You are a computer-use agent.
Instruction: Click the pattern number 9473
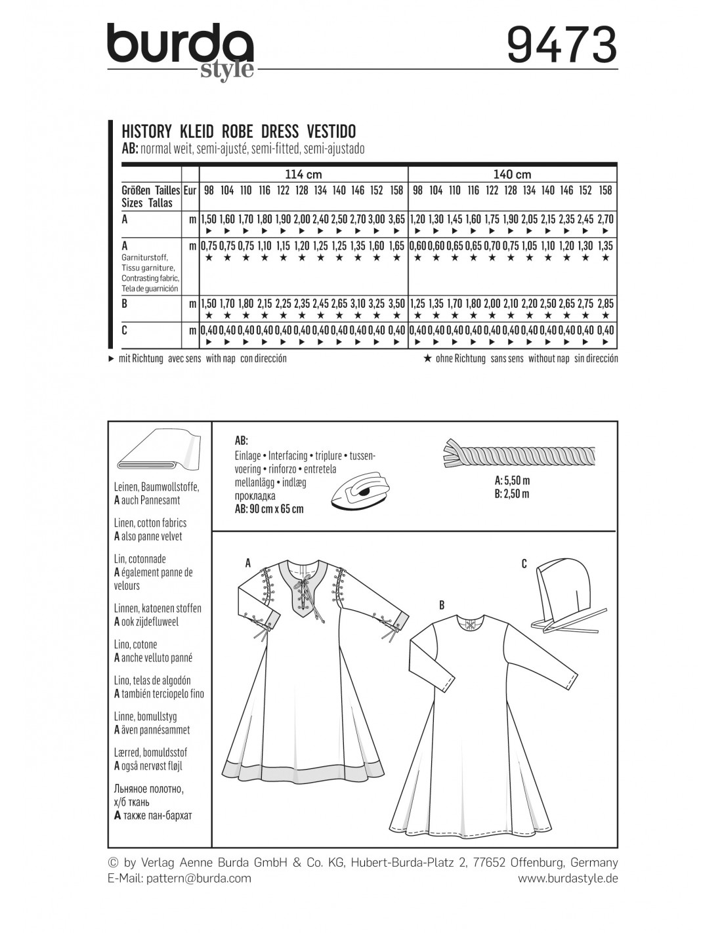tap(563, 45)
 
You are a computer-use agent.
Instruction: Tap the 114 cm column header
tap(304, 175)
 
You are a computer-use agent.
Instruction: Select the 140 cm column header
tap(513, 175)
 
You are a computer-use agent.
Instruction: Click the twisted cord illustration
tap(520, 452)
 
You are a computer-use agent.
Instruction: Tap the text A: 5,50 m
tap(513, 480)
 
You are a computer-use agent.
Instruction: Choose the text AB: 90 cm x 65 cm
tap(268, 508)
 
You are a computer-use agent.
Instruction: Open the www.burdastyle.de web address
tap(568, 878)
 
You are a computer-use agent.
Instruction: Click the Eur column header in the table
tap(190, 190)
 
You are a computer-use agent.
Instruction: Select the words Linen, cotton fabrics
tap(150, 523)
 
